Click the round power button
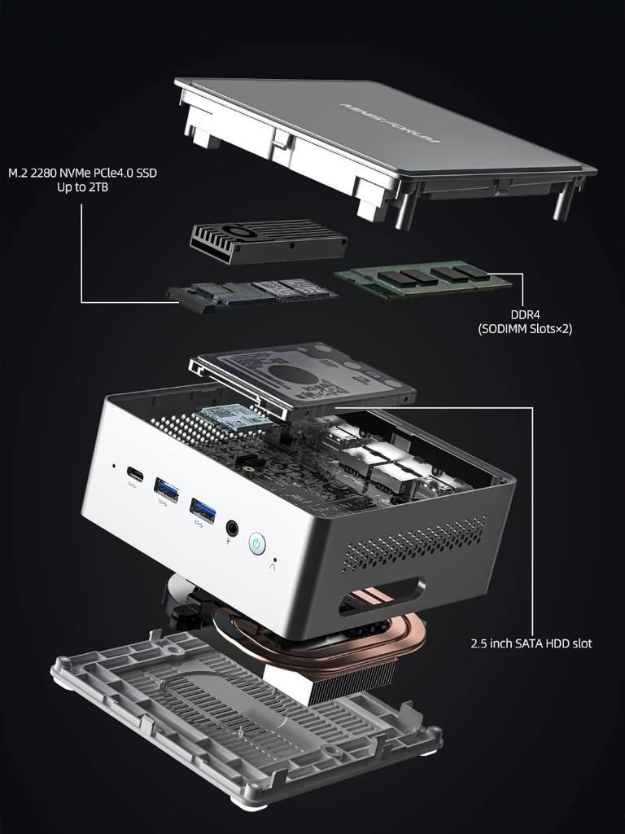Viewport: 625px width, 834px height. tap(257, 543)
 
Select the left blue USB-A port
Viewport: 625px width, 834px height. tap(166, 489)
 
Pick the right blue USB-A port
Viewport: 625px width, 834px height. tap(203, 510)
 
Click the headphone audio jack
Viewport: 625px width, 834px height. tap(234, 528)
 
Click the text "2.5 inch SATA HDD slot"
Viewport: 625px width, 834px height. tap(531, 643)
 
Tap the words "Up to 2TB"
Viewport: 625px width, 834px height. tap(81, 187)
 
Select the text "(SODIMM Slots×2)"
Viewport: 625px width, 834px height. tap(524, 329)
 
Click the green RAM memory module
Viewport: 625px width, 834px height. tap(423, 279)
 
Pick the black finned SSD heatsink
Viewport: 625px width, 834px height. tap(268, 240)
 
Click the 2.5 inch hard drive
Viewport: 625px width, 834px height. tap(309, 375)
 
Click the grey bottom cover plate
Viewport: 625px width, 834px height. tap(244, 717)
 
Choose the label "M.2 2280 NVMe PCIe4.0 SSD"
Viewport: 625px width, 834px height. tap(81, 173)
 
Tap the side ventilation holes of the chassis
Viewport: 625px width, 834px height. tap(415, 542)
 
